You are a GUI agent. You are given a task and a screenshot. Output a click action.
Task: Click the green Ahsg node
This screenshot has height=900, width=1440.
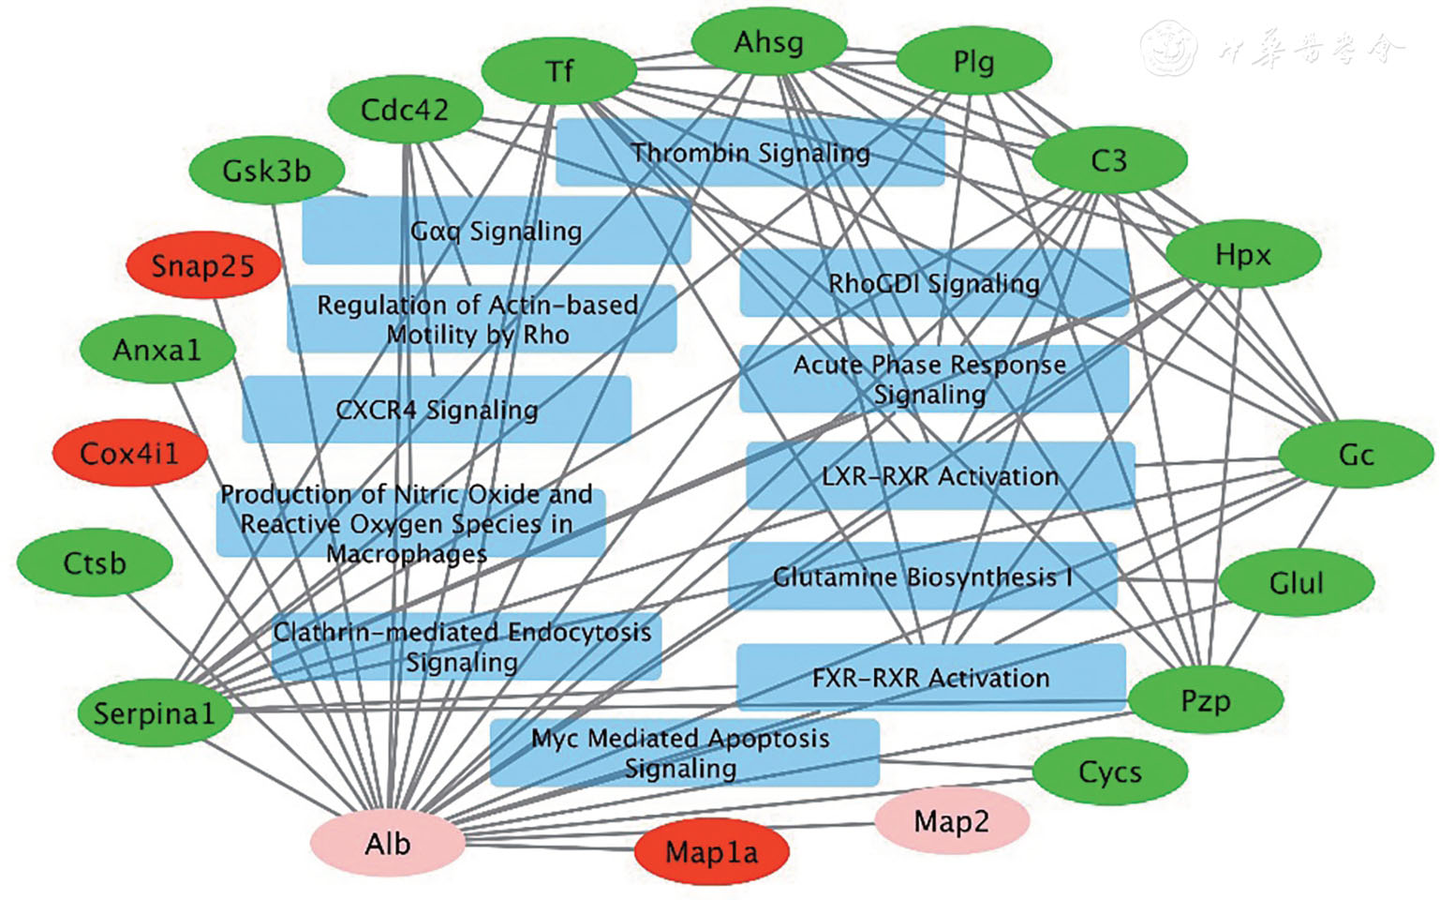pos(768,42)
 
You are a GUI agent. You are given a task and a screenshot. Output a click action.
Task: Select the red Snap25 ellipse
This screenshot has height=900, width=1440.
pos(203,265)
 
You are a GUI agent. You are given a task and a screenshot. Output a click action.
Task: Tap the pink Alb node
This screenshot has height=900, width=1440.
pos(387,844)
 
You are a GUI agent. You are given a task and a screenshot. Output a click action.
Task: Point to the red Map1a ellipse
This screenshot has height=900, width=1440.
pos(711,852)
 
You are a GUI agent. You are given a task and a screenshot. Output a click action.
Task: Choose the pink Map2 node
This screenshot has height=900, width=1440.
pos(951,821)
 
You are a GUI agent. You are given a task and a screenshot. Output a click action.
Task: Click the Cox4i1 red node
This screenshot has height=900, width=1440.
pos(129,453)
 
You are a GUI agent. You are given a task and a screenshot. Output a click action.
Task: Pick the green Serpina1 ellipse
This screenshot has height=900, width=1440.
pos(155,713)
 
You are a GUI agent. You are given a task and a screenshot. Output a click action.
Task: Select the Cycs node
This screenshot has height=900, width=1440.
pos(1110,772)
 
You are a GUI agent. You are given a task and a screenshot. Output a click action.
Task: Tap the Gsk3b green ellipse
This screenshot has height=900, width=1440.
pos(266,171)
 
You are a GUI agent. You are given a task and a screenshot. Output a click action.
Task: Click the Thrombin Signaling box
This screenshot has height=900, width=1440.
pos(750,152)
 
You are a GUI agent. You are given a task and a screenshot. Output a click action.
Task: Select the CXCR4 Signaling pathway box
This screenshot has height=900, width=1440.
pos(437,410)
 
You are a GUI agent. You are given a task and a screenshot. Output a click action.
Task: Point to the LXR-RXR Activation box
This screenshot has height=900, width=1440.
pos(940,475)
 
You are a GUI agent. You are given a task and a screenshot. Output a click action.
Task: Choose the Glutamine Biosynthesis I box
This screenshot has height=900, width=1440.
pos(922,577)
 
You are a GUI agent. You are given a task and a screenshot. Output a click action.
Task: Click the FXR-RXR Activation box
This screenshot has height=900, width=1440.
pos(930,677)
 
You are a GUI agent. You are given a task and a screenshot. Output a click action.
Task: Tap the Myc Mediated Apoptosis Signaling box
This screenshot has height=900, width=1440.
pos(684,753)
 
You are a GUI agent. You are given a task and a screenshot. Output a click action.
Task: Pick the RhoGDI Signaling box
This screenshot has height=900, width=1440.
pos(934,282)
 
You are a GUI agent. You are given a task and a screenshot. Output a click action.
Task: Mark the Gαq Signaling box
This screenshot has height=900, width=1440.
pos(496,231)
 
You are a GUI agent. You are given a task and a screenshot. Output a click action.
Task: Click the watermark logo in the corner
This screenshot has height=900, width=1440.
pos(1168,49)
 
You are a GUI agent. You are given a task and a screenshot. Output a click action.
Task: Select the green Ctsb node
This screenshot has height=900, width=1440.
pos(95,562)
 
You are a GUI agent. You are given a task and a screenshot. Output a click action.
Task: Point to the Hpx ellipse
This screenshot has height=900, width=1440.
pos(1242,254)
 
